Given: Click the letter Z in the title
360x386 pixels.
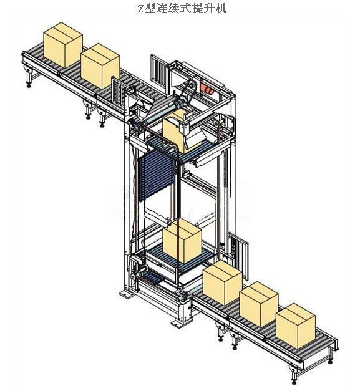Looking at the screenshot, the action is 140,9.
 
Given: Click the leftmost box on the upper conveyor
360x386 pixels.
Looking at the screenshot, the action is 63,45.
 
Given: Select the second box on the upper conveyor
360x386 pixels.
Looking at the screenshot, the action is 100,65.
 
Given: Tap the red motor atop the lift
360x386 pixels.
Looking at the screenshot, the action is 207,89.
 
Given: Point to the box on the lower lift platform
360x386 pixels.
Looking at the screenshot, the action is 182,241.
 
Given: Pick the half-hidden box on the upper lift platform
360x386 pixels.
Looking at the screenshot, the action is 176,131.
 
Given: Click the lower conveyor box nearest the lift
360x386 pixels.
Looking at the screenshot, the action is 223,283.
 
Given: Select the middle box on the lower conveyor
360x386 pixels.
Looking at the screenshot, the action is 259,304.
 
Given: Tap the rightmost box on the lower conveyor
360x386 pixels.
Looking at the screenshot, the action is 296,326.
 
